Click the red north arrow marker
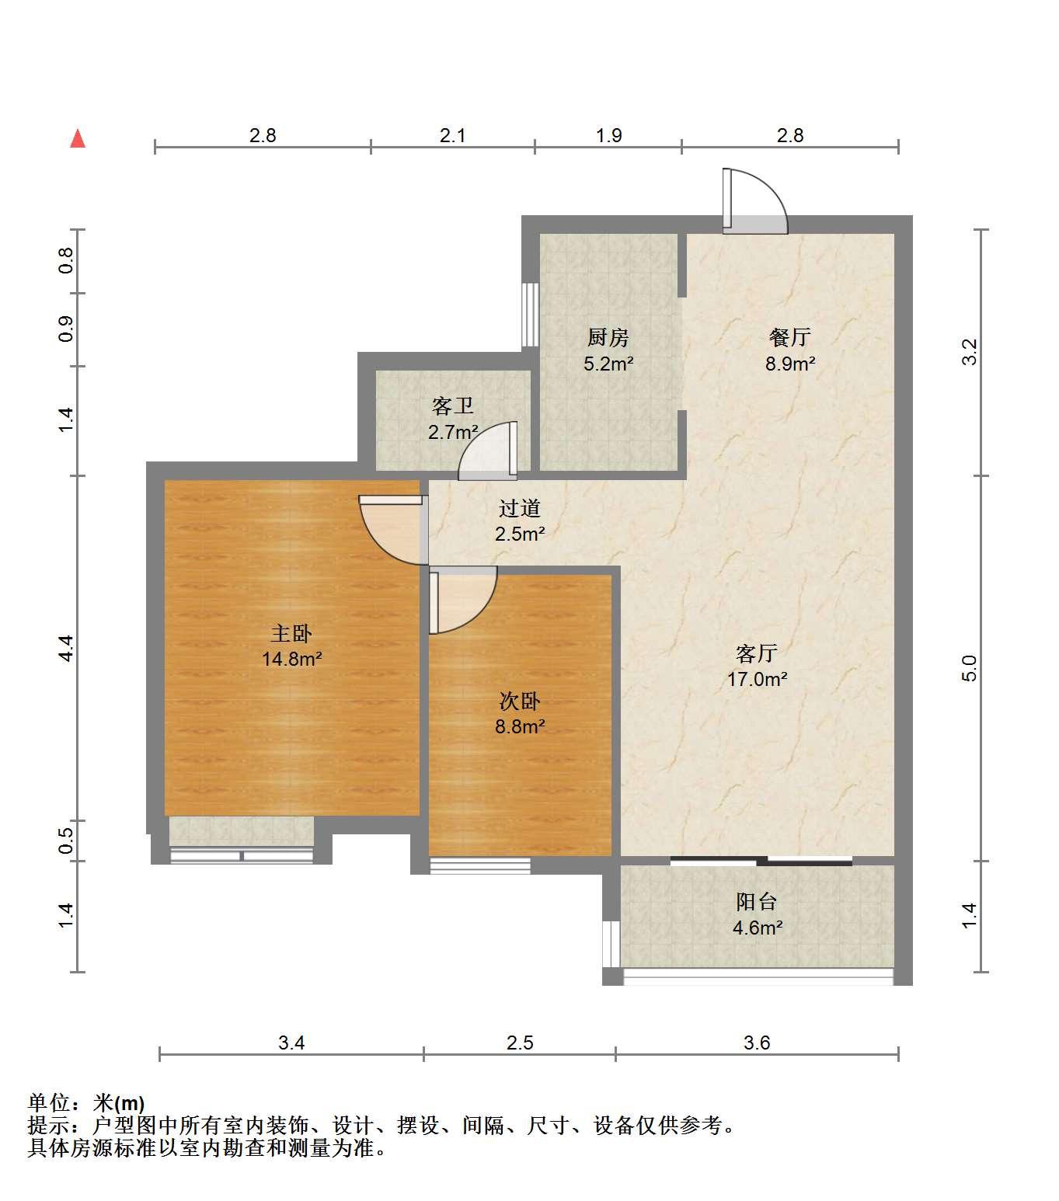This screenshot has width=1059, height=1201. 78,139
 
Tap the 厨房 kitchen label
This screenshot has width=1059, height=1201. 608,337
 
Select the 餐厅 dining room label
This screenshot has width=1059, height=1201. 790,337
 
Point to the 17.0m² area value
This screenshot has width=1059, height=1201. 758,679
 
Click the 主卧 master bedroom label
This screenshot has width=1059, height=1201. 291,634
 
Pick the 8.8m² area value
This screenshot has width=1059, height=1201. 520,726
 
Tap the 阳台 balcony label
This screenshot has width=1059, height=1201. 757,902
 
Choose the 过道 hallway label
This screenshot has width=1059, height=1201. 520,508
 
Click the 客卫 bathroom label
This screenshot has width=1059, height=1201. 452,406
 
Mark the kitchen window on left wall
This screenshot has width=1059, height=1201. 530,315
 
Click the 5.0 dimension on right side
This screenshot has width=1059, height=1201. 968,668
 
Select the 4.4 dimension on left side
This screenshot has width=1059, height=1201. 66,648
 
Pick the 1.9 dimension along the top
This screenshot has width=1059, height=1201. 609,136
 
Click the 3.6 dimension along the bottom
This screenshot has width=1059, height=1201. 757,1043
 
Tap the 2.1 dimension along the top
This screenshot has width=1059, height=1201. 452,136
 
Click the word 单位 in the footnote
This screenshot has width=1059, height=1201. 49,1103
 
